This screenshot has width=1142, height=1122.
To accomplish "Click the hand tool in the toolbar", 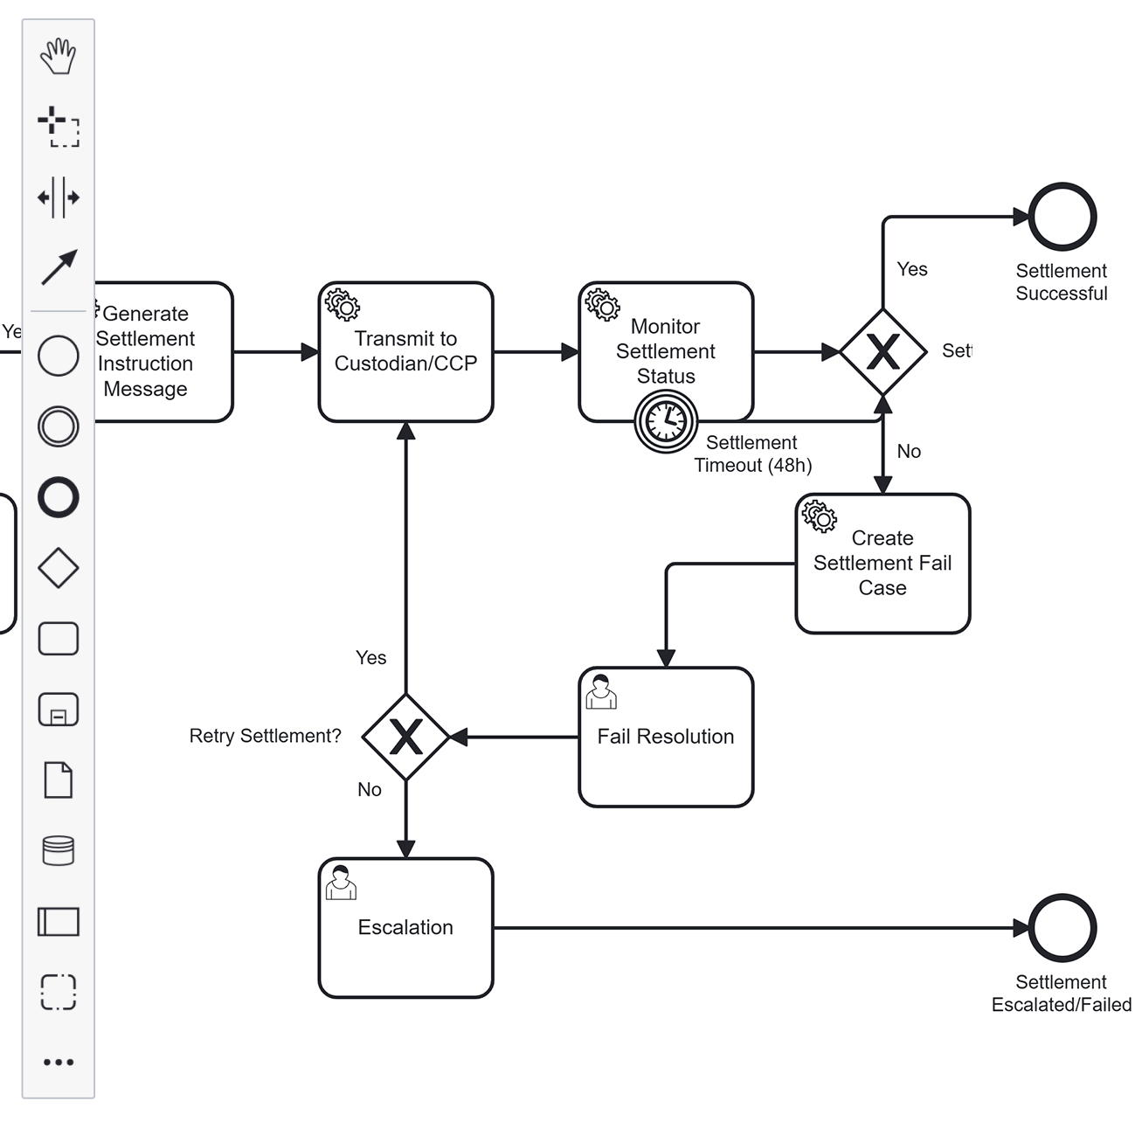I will coord(59,56).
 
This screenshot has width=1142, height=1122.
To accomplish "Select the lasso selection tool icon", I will coord(59,127).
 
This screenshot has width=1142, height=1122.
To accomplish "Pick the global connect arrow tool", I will coord(59,267).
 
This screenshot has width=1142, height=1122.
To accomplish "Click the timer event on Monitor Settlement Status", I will coord(666,421).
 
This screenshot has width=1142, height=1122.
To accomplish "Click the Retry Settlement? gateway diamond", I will coord(405,738).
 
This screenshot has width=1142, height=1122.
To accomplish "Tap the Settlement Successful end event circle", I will coord(1062,217).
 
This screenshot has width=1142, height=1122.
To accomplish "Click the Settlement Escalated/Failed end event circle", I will coord(1062,928).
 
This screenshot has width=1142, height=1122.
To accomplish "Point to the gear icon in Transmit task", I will coord(342,305).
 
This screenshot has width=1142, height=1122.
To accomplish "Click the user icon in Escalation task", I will coord(341,883).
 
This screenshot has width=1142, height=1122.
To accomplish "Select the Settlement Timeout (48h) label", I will coord(752,454).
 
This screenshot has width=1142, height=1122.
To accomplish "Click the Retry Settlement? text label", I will coord(265,736).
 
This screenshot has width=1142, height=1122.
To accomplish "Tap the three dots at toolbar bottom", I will coord(59,1063).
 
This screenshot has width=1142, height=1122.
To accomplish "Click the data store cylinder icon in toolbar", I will coord(59,850).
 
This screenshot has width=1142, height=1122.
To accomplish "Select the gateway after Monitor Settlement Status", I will coord(882,352).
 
